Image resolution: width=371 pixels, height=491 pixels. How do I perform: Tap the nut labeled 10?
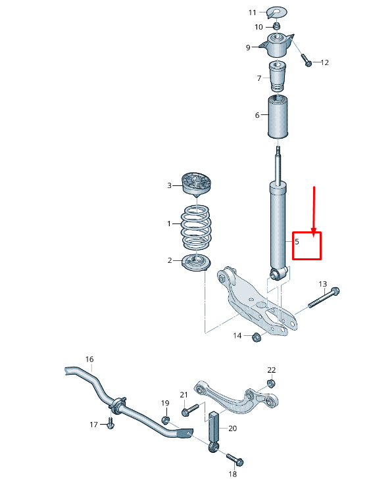coord(277,26)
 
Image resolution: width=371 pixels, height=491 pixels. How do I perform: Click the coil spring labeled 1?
coord(196,225)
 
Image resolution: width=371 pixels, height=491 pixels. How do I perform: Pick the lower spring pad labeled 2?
coord(197,262)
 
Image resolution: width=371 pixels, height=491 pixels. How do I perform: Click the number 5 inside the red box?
coord(297,242)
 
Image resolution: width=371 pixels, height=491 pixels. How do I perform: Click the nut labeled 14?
coord(257,337)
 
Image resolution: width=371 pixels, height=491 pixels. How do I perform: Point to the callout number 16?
coord(89,359)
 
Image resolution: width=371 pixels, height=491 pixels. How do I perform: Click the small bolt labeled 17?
coord(110,425)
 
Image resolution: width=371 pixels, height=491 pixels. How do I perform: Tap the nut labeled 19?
coord(166,420)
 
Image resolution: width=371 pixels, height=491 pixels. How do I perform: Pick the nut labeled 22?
coord(271,383)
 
